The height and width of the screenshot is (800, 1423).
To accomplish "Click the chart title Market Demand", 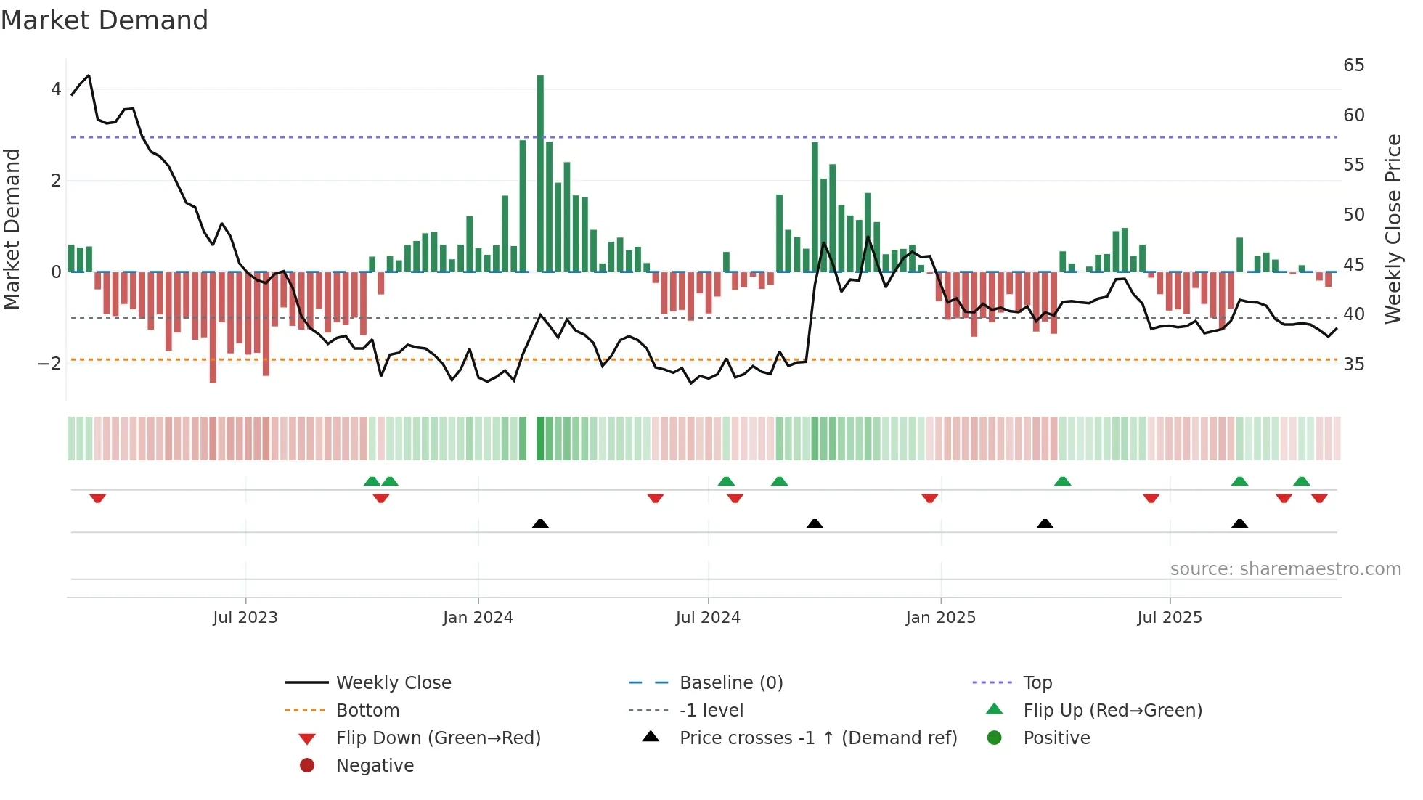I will click(x=105, y=20).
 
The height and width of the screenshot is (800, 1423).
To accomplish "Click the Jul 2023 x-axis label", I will click(x=245, y=618).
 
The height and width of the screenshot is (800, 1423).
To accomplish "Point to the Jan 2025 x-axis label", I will click(x=941, y=618).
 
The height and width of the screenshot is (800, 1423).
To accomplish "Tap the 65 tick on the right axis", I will click(x=1353, y=65).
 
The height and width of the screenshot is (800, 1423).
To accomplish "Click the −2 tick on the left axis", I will click(x=50, y=364).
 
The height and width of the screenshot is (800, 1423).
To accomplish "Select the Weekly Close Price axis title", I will click(x=1393, y=229).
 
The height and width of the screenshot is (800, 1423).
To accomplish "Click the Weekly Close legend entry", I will click(x=394, y=683).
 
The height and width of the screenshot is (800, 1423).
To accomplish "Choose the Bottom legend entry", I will click(x=367, y=711).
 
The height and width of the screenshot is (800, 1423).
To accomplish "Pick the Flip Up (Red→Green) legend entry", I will click(x=1112, y=711).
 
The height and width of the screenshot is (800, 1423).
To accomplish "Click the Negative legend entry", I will click(x=375, y=766).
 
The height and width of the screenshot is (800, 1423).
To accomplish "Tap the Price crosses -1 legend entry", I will click(x=817, y=738).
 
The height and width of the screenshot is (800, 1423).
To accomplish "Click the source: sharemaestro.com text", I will click(x=1285, y=569).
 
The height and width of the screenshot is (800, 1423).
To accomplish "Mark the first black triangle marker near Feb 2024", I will click(x=540, y=523).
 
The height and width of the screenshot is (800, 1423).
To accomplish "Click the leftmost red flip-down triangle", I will click(x=98, y=498).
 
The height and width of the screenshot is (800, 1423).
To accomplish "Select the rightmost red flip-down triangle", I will click(x=1319, y=498).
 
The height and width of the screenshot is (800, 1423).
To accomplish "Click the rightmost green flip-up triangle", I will click(x=1301, y=481).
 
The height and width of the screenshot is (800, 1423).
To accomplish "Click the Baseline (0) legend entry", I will click(x=730, y=683).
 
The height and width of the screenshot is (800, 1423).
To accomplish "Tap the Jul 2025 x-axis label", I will click(x=1170, y=618).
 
